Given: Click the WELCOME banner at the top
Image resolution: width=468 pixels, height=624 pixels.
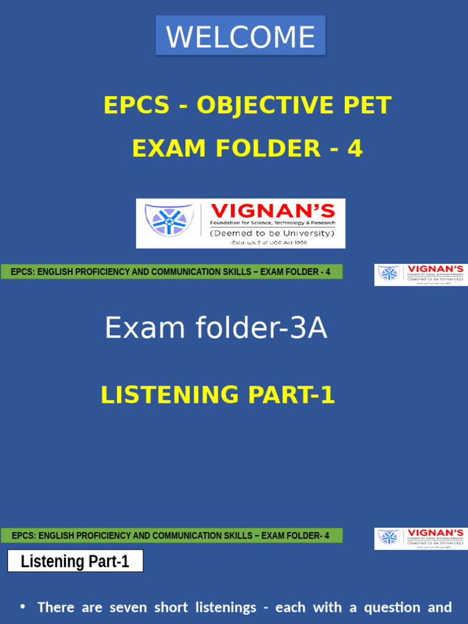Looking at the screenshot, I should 241,36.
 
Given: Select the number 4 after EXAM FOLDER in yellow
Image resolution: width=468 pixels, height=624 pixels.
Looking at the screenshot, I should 355,149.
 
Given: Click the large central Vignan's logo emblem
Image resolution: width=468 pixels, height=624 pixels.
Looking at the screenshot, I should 168,220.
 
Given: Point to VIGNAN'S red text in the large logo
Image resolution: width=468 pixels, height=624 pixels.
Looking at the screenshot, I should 272,211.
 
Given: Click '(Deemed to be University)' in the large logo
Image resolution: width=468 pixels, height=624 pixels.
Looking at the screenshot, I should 272,233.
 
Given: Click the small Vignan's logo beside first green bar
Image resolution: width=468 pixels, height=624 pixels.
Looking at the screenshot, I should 420,274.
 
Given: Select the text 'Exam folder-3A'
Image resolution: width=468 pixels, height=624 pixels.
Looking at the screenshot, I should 216,328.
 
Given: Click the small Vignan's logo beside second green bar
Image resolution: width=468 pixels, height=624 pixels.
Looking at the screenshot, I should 420,538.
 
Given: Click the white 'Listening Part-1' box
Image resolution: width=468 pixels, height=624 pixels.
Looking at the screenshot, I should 75,561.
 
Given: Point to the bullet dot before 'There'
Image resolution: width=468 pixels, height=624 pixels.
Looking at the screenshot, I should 23,607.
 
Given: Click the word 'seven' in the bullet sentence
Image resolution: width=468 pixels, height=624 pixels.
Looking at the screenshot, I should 128,608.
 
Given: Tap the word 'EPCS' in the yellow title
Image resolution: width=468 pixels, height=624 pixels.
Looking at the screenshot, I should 136,105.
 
